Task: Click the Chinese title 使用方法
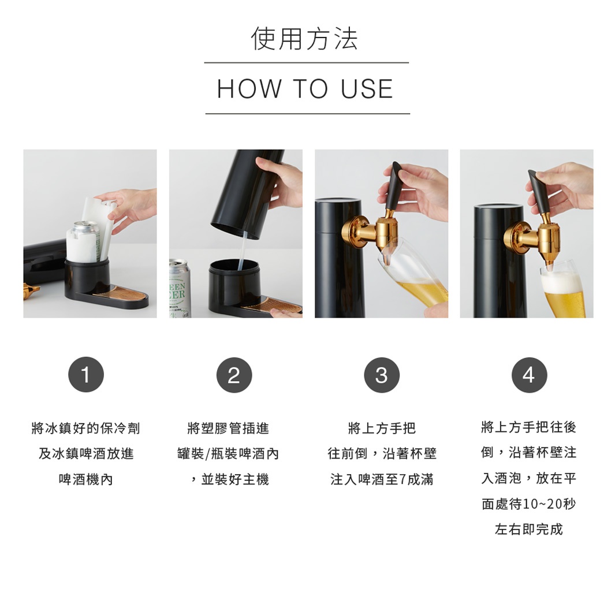pyautogui.click(x=305, y=39)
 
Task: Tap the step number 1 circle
pyautogui.click(x=86, y=375)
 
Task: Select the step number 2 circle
pyautogui.click(x=233, y=375)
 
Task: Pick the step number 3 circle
pyautogui.click(x=381, y=375)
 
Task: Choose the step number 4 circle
pyautogui.click(x=529, y=375)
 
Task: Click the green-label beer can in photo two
pyautogui.click(x=177, y=289)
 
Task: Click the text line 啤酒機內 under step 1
pyautogui.click(x=86, y=479)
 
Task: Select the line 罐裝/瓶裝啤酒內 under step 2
pyautogui.click(x=228, y=454)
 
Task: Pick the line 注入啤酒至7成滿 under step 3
pyautogui.click(x=382, y=479)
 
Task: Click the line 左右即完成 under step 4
pyautogui.click(x=528, y=530)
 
